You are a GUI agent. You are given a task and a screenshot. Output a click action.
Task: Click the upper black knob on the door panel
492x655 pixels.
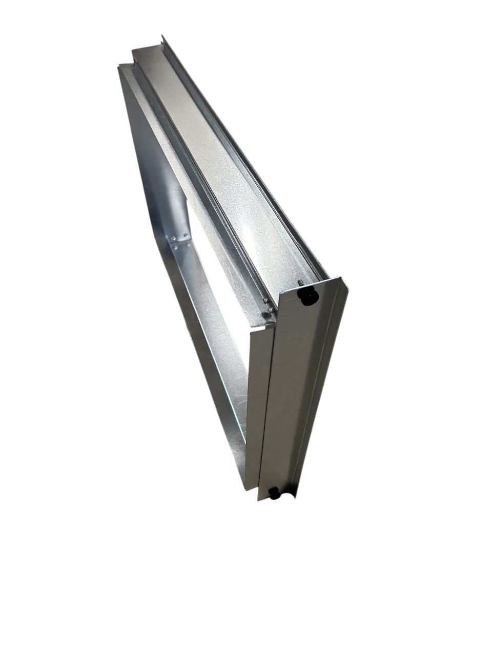click(307, 296)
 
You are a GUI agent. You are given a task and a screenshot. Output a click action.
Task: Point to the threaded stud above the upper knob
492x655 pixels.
click(300, 282)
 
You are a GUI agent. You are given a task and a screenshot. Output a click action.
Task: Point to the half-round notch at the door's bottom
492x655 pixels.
click(285, 497)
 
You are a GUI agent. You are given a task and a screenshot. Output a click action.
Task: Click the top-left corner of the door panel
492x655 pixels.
click(281, 293)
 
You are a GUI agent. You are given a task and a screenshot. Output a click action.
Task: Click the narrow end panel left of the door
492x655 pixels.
click(258, 404)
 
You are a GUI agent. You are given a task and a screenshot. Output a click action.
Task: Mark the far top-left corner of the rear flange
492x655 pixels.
click(119, 65)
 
